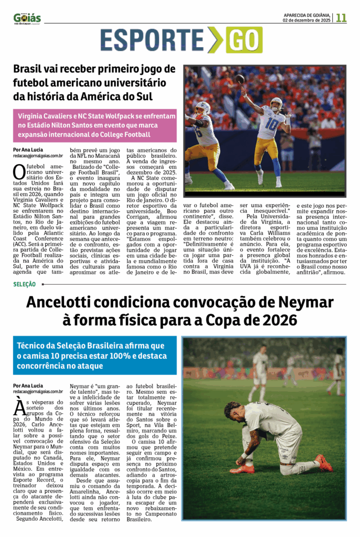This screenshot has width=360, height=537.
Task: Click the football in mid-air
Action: point(239,79)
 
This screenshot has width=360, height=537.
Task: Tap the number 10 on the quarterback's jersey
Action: point(272,124)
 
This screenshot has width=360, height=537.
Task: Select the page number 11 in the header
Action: point(341,18)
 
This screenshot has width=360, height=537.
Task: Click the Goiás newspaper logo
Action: point(27,18)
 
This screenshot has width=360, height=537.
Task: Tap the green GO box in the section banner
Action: point(244,40)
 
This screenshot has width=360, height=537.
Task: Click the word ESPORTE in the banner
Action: point(152,40)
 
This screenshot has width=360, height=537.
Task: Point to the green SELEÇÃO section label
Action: point(25,284)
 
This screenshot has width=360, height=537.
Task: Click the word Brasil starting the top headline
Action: point(30,69)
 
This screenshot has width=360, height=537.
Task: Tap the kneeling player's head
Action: point(234,411)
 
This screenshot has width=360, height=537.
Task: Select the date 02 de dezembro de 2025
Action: point(307,20)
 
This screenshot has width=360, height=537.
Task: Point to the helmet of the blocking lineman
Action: point(202,109)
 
